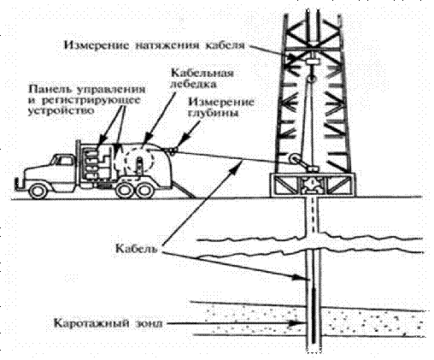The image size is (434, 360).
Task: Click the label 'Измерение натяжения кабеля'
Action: (154, 45)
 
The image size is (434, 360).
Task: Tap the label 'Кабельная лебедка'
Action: (202, 79)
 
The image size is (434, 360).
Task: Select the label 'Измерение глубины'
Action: (221, 108)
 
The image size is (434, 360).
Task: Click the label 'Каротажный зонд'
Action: (108, 324)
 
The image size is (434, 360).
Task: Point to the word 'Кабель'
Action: (137, 248)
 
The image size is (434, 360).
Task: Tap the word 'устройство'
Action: (61, 110)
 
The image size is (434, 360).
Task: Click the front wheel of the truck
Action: (38, 191)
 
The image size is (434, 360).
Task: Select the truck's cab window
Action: (63, 161)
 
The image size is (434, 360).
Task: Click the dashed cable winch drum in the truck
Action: (134, 162)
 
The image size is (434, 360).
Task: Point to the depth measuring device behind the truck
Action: (173, 150)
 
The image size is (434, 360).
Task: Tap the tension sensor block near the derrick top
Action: (312, 61)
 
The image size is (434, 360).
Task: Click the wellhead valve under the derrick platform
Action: (312, 185)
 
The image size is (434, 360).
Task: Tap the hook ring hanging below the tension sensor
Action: (311, 78)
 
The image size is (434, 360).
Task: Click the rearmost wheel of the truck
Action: (145, 191)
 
